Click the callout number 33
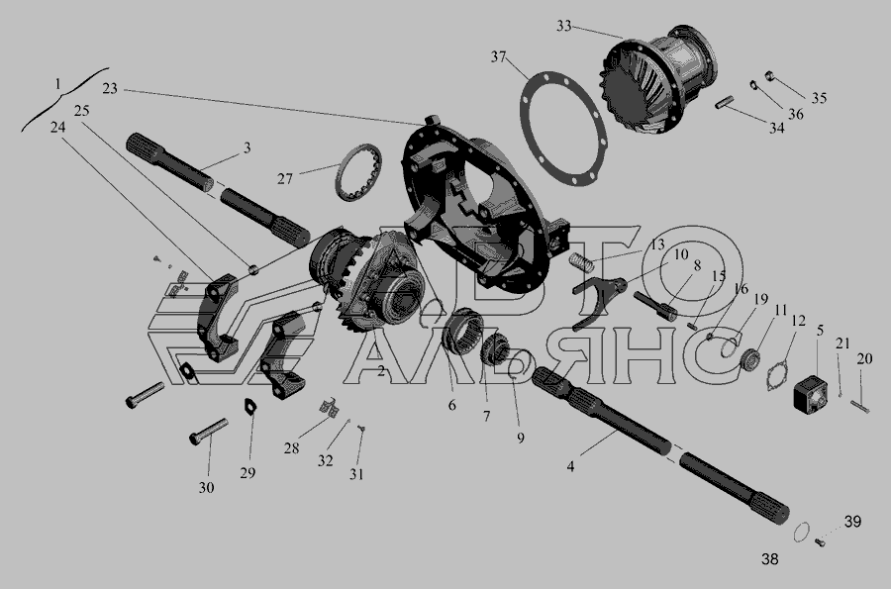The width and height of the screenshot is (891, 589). pos(563,27)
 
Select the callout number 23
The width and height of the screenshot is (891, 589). pos(110,89)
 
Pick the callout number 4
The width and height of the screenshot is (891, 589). pos(570,466)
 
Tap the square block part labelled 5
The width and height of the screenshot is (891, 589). pos(812,392)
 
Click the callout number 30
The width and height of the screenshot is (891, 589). pos(206,487)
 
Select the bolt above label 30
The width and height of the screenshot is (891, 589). pos(209,432)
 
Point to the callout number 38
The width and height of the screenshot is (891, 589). pos(770,559)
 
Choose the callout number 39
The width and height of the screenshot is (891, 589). pos(853,522)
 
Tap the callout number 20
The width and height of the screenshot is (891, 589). pos(864,359)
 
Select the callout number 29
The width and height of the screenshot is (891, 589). pos(247,472)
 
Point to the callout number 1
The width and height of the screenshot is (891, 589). pos(58,84)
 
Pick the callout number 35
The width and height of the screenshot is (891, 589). pos(819,98)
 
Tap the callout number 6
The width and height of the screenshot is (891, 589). pos(451,405)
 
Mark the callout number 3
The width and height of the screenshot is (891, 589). pos(247,148)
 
